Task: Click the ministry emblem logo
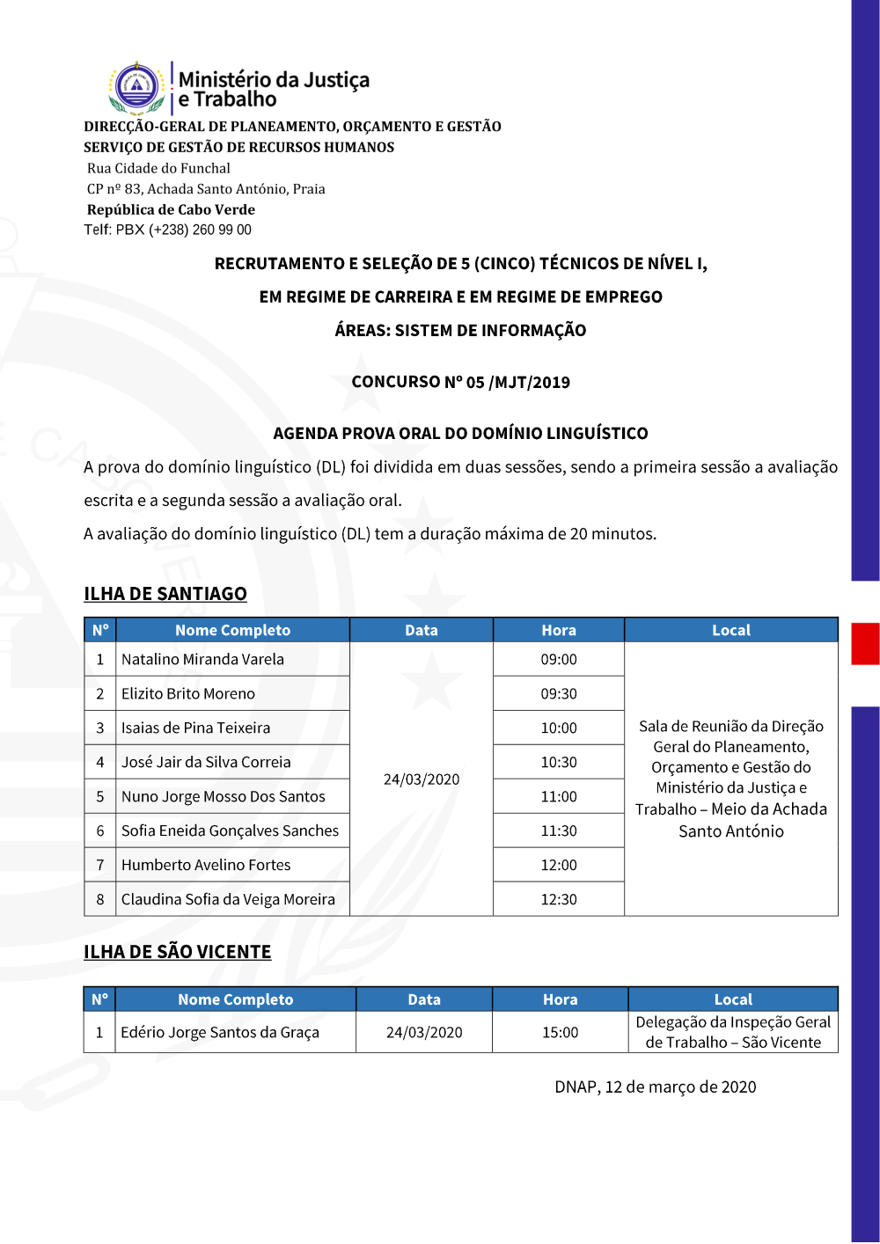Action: click(x=137, y=87)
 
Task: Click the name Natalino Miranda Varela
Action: click(x=202, y=659)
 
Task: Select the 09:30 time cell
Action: click(x=559, y=693)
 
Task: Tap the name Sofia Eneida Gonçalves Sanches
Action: click(x=230, y=831)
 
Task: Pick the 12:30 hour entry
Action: click(x=559, y=899)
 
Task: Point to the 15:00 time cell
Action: click(x=560, y=1032)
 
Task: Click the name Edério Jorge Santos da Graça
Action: click(x=220, y=1032)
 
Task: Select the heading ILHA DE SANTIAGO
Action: click(x=165, y=594)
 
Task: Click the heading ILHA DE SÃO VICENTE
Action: click(x=177, y=952)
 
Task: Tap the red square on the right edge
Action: click(x=865, y=643)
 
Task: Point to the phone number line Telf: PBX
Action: click(x=168, y=230)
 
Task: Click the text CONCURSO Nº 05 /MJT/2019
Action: click(x=461, y=382)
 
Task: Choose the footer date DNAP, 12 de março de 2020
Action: click(x=655, y=1087)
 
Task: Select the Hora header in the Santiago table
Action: click(x=559, y=630)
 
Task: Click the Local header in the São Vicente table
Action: click(x=733, y=999)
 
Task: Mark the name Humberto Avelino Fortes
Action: click(x=206, y=865)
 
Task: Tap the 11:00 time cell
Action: click(x=559, y=796)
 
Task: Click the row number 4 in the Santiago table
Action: click(x=100, y=762)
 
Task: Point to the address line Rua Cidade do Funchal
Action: click(x=158, y=168)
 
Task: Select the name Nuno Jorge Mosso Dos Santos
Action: click(x=224, y=796)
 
